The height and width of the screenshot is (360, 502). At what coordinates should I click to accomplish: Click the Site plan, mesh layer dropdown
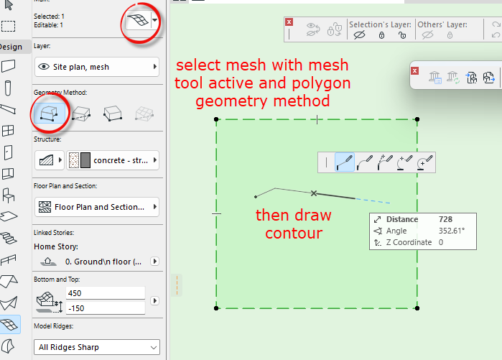(96, 67)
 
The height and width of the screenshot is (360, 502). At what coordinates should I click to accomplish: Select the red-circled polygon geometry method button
(49, 114)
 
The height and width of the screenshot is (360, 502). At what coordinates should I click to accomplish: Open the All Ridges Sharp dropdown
(96, 347)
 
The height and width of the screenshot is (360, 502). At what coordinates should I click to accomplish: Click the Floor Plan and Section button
(96, 207)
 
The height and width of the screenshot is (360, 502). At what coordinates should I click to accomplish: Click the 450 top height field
(104, 293)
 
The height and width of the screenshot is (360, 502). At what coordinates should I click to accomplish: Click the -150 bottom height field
(104, 308)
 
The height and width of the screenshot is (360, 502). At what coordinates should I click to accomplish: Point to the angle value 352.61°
(452, 231)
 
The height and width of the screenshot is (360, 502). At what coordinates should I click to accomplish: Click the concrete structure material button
(112, 160)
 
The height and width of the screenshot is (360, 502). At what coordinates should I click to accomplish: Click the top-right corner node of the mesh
(417, 119)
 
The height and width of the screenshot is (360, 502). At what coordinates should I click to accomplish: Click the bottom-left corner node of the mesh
(216, 308)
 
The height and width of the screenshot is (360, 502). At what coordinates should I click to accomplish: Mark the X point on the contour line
(314, 193)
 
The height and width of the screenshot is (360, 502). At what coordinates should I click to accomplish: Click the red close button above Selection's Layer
(289, 22)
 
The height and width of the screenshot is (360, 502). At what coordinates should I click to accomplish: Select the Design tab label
(11, 47)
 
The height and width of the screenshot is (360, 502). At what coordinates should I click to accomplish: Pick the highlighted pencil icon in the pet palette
(345, 162)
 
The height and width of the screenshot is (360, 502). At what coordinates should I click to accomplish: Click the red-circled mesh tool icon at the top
(136, 22)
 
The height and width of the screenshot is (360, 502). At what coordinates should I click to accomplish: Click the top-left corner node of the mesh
(216, 119)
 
